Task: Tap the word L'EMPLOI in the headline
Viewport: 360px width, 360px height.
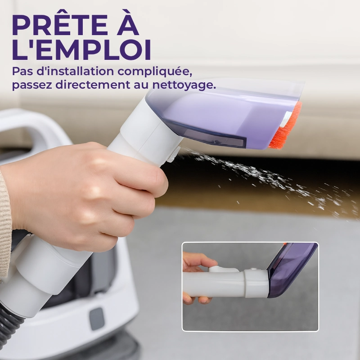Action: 81,50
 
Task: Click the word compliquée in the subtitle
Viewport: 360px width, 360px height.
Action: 155,72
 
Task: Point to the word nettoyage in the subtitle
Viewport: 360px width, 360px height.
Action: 184,85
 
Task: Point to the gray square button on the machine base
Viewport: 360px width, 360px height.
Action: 97,319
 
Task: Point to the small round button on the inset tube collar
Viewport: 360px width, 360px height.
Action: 253,269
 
